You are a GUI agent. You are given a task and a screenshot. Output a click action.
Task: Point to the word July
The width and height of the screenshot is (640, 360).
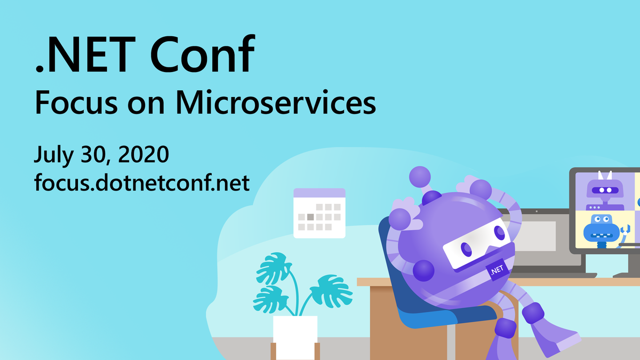click(54, 155)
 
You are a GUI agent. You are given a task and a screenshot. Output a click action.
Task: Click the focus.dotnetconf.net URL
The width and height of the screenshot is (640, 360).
click(142, 182)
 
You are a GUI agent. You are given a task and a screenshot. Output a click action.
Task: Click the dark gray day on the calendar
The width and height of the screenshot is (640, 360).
click(310, 217)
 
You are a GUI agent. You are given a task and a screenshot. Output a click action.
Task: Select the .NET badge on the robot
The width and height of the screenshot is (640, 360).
click(495, 270)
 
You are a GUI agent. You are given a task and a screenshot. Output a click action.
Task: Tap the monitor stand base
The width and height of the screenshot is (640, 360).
click(627, 274)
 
